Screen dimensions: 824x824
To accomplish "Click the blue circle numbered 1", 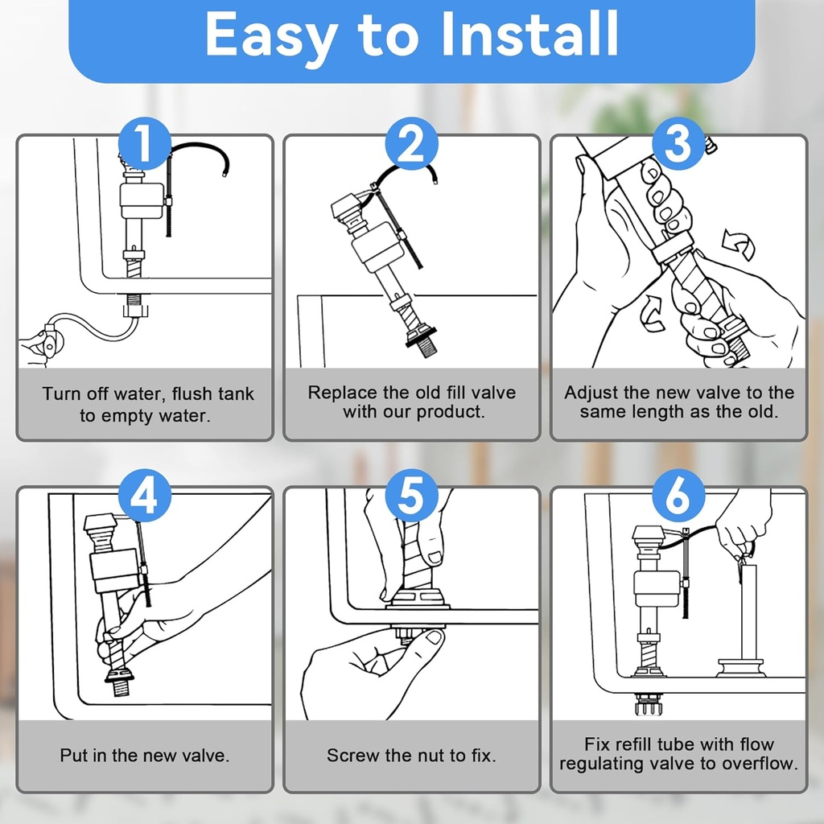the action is [145, 143].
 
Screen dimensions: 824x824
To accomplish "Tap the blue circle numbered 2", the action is [411, 143].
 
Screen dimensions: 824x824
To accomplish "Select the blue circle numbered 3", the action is [678, 143].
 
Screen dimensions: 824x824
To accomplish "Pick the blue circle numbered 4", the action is [145, 495].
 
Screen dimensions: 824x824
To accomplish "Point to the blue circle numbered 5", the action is [411, 495].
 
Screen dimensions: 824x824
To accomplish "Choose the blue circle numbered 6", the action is [678, 495].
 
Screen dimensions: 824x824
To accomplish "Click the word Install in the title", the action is [529, 34].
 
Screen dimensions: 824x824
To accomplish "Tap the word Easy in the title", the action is [271, 38].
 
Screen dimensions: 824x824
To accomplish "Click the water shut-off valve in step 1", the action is [50, 341].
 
